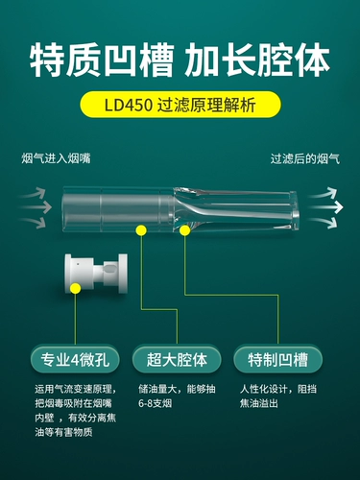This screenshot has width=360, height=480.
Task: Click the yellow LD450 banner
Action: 180,105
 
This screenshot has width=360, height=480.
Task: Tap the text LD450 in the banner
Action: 129,105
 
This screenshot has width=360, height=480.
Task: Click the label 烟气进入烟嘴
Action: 56,158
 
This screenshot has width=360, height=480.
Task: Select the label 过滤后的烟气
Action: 305,158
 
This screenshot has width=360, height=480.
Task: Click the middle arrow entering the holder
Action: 36,207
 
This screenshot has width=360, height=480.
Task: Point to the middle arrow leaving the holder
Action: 326,207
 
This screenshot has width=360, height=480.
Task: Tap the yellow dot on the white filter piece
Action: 76,288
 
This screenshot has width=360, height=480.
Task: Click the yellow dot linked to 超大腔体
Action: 141,230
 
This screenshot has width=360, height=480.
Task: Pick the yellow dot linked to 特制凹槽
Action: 185,230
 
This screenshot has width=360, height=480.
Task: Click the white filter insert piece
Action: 96,273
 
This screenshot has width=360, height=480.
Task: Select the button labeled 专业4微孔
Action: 75,359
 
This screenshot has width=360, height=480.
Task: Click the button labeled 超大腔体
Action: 177,359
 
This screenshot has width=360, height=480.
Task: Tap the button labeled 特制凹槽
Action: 278,359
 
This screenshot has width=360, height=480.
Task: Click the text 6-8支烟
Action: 156,403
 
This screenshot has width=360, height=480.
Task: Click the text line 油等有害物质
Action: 63,432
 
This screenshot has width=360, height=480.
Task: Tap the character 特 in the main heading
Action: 48,60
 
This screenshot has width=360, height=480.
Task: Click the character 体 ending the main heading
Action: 312,60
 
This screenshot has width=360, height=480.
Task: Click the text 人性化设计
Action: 263,389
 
